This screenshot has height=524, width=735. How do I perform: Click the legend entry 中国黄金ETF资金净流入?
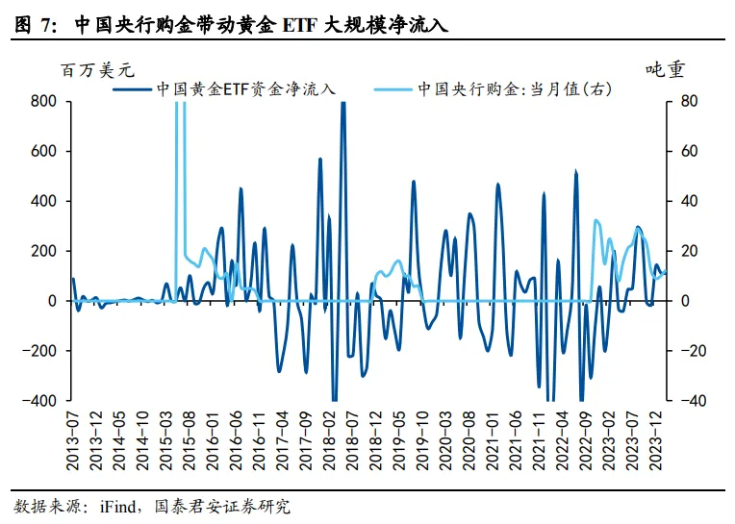click(x=241, y=89)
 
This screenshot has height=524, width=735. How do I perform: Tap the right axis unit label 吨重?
click(x=667, y=68)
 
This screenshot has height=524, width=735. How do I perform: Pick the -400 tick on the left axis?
click(x=39, y=401)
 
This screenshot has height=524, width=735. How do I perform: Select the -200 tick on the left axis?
click(x=39, y=351)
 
